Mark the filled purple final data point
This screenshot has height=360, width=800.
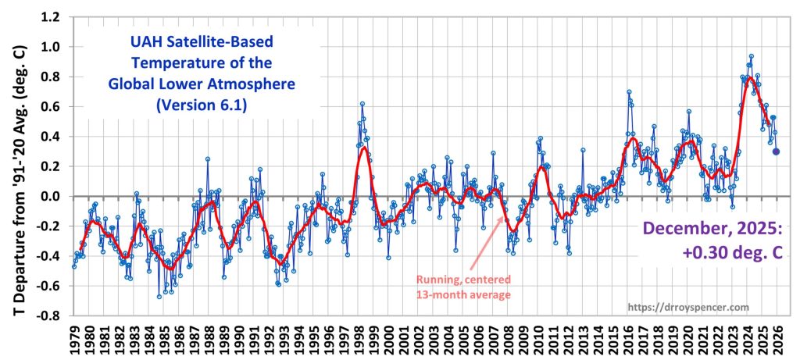776,151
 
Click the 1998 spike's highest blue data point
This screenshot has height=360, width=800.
362,103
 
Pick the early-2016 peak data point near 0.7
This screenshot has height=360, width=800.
629,91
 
